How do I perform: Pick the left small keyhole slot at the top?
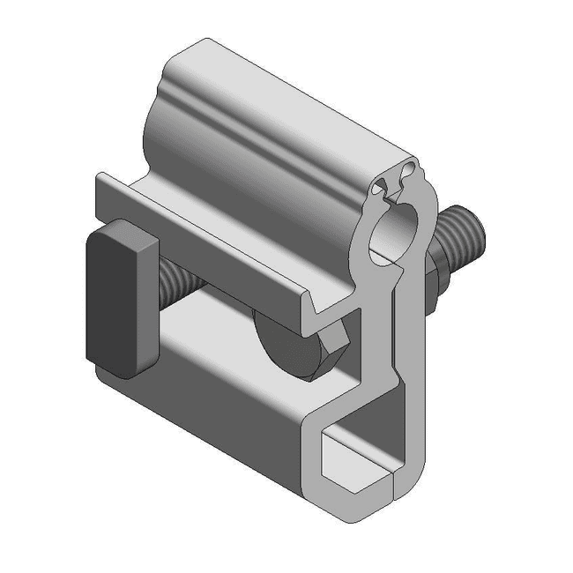(382, 186)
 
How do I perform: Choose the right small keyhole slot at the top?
(406, 167)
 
